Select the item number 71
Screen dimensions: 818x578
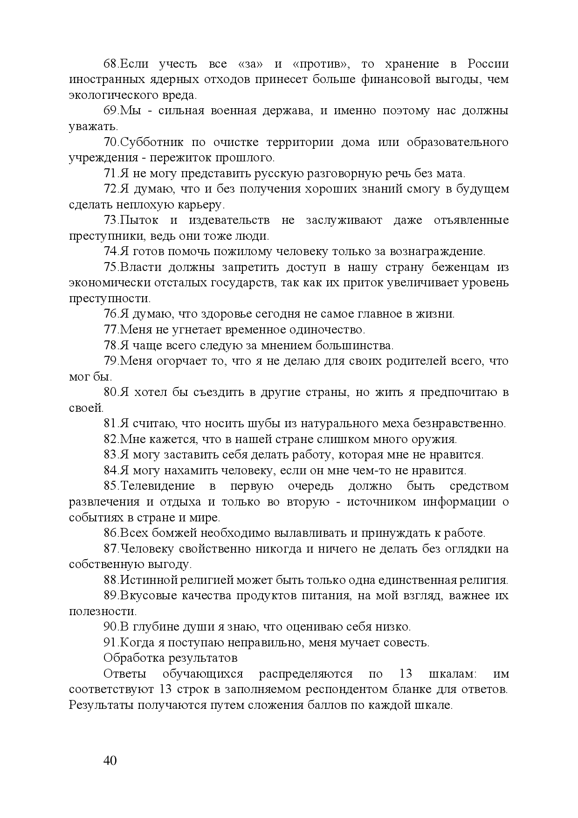click(110, 173)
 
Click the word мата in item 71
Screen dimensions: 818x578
click(450, 173)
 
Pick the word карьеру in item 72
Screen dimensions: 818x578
click(202, 205)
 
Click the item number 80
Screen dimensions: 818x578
click(110, 392)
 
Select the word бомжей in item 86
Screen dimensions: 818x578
click(161, 533)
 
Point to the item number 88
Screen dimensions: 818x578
click(110, 580)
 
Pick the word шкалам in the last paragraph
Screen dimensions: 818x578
click(452, 674)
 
